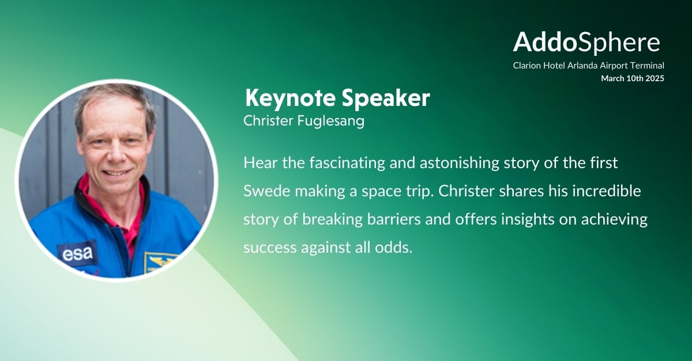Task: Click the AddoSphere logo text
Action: pyautogui.click(x=586, y=42)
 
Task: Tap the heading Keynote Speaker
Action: pyautogui.click(x=337, y=98)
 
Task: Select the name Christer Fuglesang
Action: pyautogui.click(x=304, y=121)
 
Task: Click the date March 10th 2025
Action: pyautogui.click(x=633, y=78)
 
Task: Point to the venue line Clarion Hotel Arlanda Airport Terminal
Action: pyautogui.click(x=589, y=66)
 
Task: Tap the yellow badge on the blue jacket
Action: pyautogui.click(x=159, y=263)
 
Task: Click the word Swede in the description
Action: pyautogui.click(x=266, y=191)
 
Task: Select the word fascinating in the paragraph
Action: pyautogui.click(x=347, y=163)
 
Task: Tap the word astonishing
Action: pyautogui.click(x=460, y=163)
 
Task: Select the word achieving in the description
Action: pyautogui.click(x=615, y=219)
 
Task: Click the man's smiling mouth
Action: pyautogui.click(x=116, y=173)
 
